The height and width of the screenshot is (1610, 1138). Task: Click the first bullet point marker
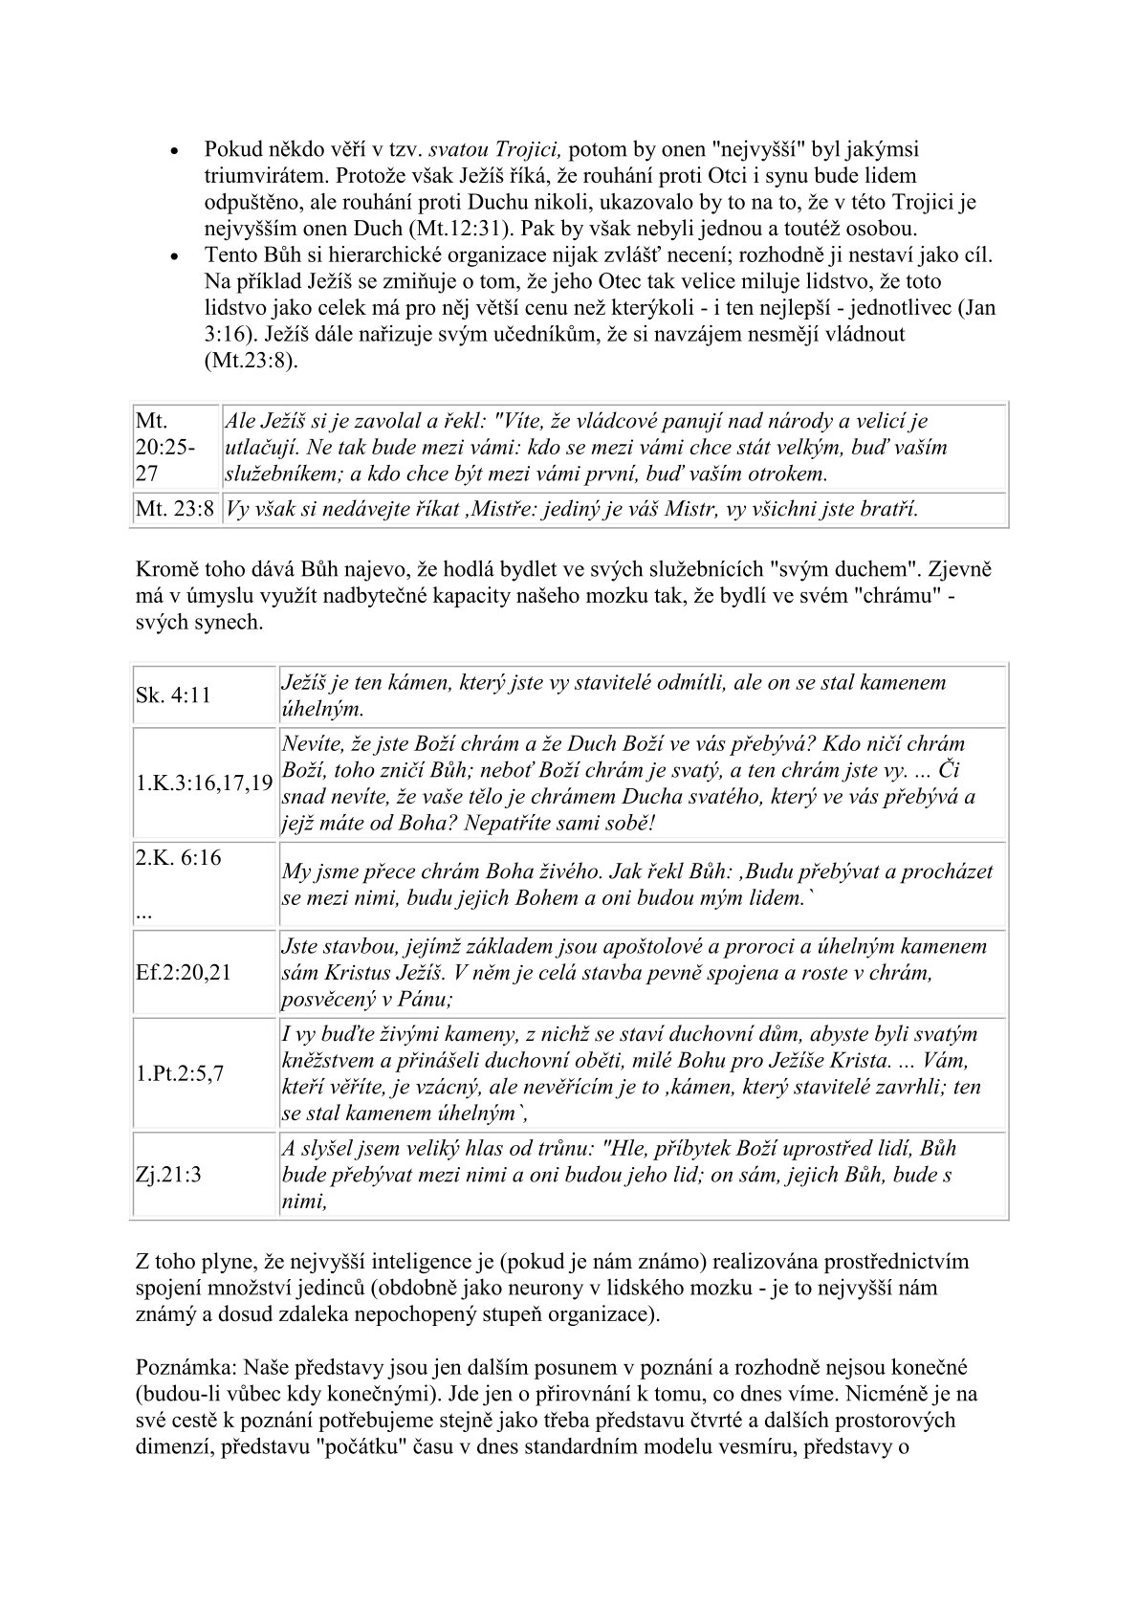pyautogui.click(x=174, y=152)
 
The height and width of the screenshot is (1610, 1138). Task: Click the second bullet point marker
pyautogui.click(x=174, y=257)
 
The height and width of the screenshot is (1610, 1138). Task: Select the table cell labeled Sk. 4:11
pyautogui.click(x=173, y=695)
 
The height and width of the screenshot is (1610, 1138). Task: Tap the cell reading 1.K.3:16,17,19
pyautogui.click(x=203, y=783)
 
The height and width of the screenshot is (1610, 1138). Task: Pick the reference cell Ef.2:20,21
pyautogui.click(x=183, y=973)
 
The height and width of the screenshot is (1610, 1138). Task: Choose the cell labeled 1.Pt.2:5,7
pyautogui.click(x=179, y=1073)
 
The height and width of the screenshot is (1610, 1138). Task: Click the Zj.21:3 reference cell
pyautogui.click(x=168, y=1175)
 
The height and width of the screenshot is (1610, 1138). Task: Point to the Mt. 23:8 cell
pyautogui.click(x=175, y=509)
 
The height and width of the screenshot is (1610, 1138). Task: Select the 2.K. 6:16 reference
pyautogui.click(x=179, y=858)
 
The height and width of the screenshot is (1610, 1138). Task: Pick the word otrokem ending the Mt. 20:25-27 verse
pyautogui.click(x=789, y=474)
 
